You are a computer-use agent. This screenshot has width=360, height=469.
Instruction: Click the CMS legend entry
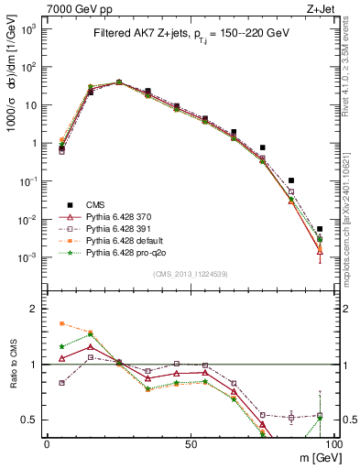point(95,205)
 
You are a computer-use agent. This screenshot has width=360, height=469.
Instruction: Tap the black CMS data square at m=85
point(290,180)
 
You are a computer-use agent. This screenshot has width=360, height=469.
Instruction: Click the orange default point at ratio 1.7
point(61,323)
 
